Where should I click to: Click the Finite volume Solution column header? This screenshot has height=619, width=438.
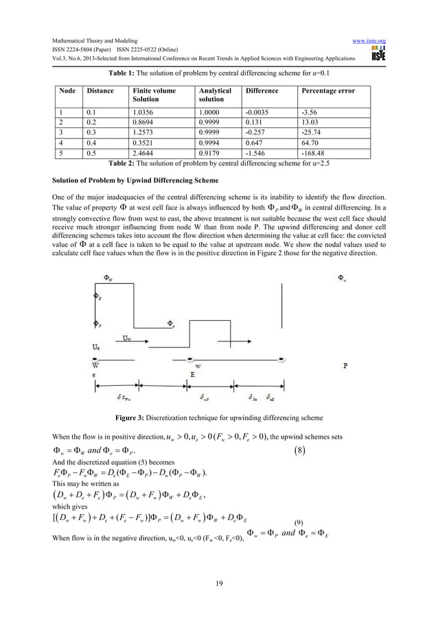154,95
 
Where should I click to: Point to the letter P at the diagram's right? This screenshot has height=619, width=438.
345,366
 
